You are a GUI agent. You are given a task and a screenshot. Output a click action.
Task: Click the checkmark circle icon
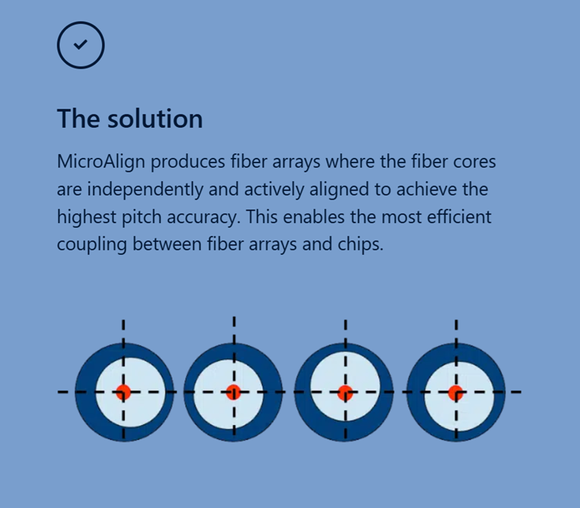tap(80, 45)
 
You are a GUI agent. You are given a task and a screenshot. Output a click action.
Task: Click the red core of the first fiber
tap(123, 392)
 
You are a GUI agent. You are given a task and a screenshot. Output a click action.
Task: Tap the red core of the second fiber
tap(234, 392)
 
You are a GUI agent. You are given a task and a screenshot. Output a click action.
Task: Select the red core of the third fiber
tap(345, 392)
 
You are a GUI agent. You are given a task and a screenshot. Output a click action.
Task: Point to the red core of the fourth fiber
tap(455, 392)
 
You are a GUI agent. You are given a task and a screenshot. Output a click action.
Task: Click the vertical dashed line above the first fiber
tap(123, 329)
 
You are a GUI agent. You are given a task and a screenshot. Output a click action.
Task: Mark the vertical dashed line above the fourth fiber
tap(455, 329)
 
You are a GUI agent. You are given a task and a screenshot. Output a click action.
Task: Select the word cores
tap(472, 163)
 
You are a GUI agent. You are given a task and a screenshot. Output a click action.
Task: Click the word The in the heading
tap(79, 119)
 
